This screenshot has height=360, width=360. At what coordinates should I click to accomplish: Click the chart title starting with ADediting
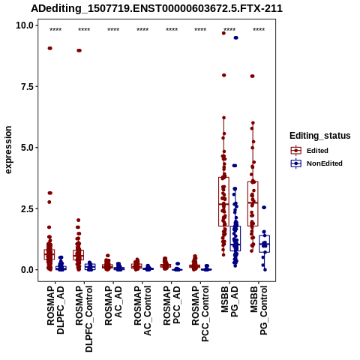tap(157, 9)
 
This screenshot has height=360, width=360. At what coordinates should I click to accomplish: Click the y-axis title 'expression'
tap(8, 150)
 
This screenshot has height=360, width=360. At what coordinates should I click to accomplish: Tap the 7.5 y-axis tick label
tap(27, 86)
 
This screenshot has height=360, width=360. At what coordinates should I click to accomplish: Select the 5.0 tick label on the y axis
tap(27, 148)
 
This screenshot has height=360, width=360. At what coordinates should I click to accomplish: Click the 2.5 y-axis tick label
tap(27, 208)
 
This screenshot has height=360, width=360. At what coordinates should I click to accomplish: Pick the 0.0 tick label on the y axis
tap(27, 270)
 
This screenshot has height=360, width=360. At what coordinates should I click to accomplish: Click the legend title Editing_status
tap(320, 136)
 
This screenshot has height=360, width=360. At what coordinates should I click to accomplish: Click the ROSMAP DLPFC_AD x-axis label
tap(55, 310)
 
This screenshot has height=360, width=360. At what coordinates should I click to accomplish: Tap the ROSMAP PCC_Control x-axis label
tap(200, 313)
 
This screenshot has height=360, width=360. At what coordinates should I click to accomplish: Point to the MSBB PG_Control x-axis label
tap(259, 310)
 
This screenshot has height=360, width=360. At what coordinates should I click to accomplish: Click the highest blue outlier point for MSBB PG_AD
tap(235, 37)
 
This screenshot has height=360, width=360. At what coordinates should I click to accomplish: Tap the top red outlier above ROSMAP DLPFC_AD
tap(50, 48)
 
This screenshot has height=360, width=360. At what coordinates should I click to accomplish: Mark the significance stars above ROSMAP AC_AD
tap(113, 30)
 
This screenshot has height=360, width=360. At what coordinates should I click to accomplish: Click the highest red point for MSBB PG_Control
tap(252, 76)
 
